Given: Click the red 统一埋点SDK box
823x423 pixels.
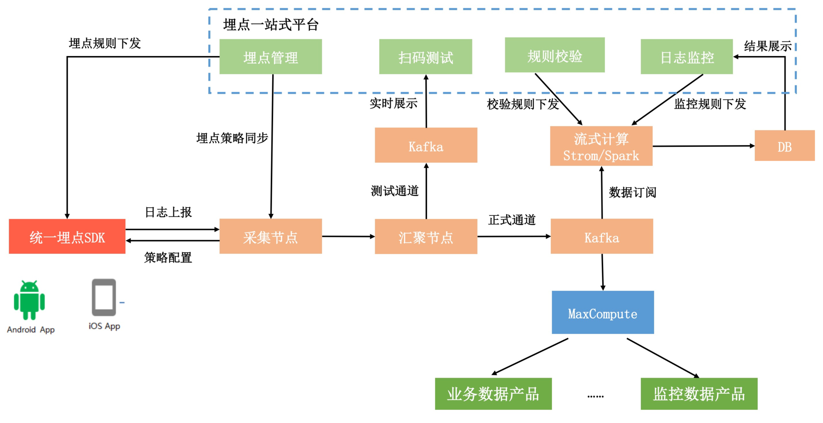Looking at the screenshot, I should tap(67, 236).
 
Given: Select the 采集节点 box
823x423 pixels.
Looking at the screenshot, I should tap(270, 236).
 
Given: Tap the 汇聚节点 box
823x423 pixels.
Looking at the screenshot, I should tap(426, 236).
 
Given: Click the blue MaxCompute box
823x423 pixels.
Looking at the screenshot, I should tap(603, 313).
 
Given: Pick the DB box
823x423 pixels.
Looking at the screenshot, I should tap(784, 146).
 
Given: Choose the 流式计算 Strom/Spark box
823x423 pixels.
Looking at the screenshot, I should tap(601, 146).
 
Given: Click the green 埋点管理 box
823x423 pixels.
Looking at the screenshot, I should tap(270, 57).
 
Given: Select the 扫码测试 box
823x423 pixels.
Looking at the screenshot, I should tap(426, 57).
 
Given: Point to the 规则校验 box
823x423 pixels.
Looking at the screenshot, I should tap(555, 55).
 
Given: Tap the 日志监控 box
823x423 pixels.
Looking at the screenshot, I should tap(687, 57).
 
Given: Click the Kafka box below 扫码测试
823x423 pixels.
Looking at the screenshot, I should tap(426, 145).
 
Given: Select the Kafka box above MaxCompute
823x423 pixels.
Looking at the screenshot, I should tap(602, 236).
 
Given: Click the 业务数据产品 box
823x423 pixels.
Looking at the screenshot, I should tap(493, 394).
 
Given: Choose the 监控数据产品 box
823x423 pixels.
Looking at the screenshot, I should tap(699, 394).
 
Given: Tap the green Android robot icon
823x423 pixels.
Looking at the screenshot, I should tap(29, 300).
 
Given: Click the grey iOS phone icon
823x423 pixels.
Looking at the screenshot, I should tap(104, 297).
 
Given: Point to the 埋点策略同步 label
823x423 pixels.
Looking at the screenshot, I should tap(232, 138).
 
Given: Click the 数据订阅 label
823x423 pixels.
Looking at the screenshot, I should tap(632, 192).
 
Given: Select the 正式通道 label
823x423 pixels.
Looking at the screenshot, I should tap(512, 220).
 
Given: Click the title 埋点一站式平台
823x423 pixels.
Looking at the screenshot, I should tap(270, 25).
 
